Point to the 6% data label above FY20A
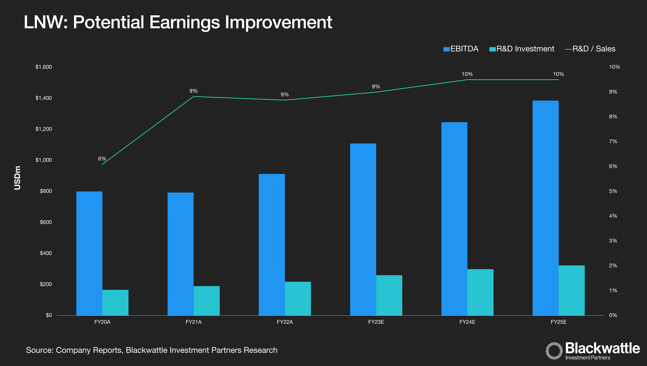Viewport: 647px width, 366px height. (x=102, y=159)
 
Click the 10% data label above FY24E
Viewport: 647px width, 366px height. (x=467, y=74)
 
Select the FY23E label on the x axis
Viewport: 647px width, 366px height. (x=376, y=322)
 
